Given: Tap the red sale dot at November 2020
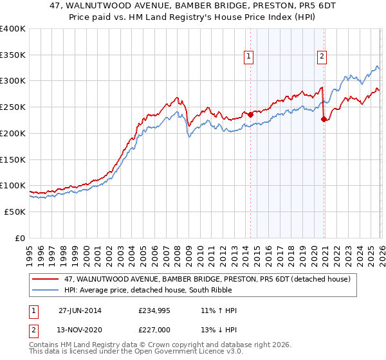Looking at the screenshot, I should click(324, 119).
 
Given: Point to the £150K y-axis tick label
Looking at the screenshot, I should click(13, 159).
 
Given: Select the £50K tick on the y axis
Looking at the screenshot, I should click(15, 211).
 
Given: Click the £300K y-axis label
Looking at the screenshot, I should click(13, 81).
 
